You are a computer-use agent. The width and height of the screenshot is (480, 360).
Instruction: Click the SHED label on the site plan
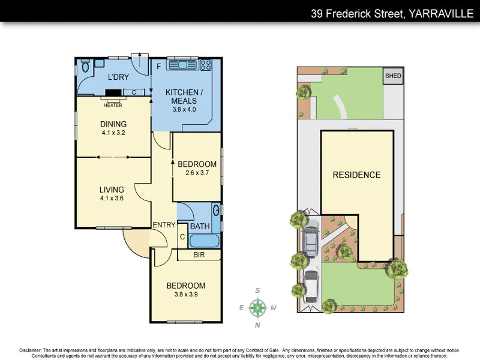click(393, 76)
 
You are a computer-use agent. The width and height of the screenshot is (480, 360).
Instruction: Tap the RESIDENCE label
click(357, 175)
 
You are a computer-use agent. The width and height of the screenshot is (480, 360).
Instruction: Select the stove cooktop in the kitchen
click(205, 64)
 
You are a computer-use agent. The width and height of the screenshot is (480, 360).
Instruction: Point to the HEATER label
click(113, 105)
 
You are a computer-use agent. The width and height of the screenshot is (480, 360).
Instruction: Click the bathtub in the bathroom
click(204, 241)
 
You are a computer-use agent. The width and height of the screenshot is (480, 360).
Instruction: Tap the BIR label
click(199, 255)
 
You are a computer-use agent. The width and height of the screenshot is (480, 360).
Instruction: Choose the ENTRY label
click(164, 225)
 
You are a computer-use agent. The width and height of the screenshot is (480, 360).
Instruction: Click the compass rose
click(258, 308)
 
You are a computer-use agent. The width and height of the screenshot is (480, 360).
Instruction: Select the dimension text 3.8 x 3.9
click(186, 295)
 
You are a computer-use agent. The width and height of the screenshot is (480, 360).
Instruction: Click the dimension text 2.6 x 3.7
click(197, 174)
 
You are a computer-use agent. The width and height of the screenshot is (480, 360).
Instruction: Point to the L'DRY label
click(119, 78)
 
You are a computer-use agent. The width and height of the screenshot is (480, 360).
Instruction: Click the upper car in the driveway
click(311, 241)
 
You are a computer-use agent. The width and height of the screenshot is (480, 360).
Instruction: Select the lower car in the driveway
click(310, 286)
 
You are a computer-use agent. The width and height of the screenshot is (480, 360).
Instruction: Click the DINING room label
click(113, 124)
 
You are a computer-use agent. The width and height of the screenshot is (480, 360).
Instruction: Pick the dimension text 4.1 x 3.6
click(112, 199)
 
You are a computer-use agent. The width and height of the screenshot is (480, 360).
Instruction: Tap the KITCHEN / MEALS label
click(184, 97)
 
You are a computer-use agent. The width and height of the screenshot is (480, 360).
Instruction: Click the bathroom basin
click(217, 210)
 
